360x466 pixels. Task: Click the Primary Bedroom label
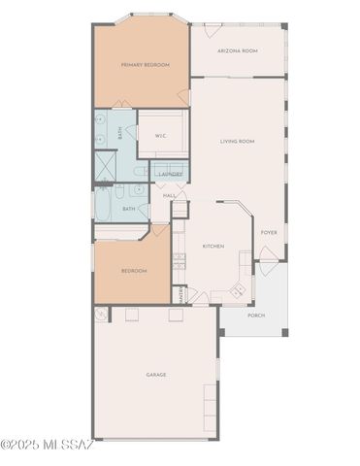[x=145, y=65]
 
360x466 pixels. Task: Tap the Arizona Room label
[x=237, y=50]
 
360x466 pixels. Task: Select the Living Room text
[x=237, y=142]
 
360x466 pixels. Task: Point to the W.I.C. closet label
[x=160, y=136]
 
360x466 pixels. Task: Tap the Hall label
[x=169, y=196]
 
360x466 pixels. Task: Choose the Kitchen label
[x=213, y=246]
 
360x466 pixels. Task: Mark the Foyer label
[x=269, y=232]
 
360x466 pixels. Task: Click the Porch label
[x=256, y=316]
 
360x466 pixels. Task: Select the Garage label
[x=155, y=374]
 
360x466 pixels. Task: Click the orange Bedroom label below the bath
[x=134, y=271]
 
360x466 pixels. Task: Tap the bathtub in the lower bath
[x=104, y=207]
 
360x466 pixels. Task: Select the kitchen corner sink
[x=239, y=291]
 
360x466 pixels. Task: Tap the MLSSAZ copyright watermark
[x=46, y=446]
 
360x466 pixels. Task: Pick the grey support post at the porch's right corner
[x=287, y=333]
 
